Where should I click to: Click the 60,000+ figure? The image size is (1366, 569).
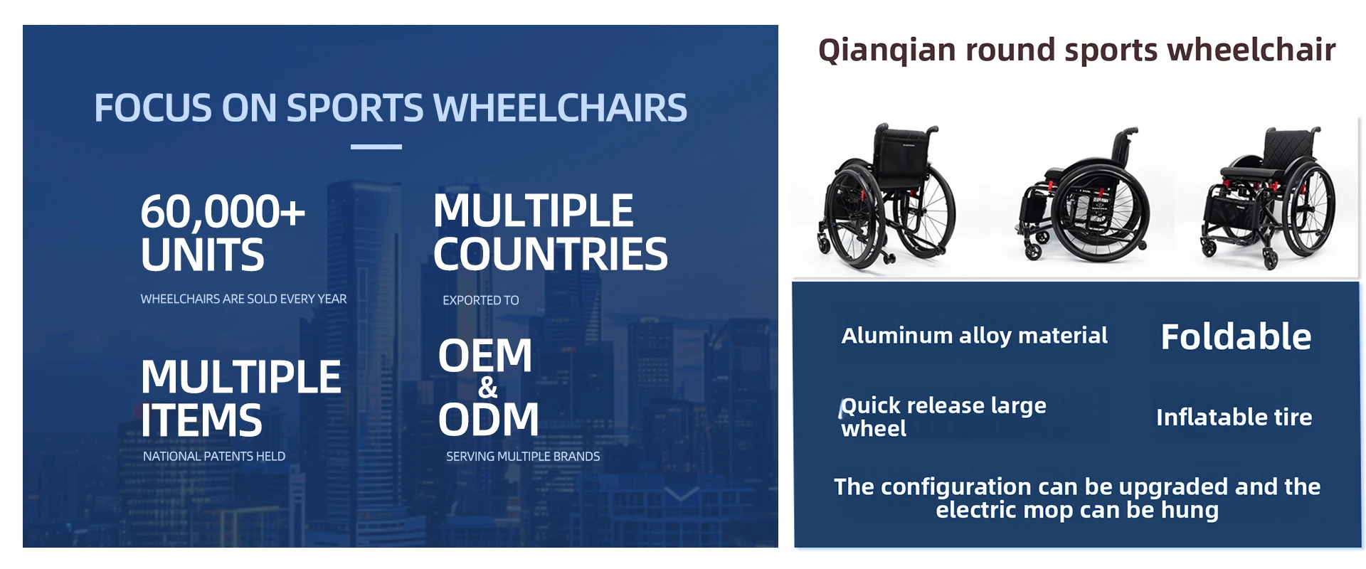(223, 211)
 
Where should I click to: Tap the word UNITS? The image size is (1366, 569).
(202, 255)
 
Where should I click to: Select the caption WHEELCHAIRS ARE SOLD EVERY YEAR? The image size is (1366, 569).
(243, 299)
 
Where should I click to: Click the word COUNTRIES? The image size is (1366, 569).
(550, 254)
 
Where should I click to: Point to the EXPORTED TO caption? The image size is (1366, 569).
(481, 300)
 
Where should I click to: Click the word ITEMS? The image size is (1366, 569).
(201, 420)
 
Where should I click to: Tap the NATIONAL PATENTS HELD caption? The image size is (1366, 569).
(214, 456)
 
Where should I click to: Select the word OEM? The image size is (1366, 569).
(485, 355)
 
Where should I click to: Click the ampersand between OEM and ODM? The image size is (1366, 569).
(488, 388)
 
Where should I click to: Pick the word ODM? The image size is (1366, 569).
(489, 419)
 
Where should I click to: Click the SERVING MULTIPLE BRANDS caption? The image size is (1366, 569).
(523, 456)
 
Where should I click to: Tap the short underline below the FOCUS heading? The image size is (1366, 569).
(376, 147)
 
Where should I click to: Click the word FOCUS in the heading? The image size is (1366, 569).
(153, 108)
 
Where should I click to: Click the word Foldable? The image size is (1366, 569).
(1236, 336)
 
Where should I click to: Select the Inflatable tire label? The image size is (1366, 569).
(1234, 417)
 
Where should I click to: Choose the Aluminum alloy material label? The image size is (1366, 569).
(975, 336)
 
